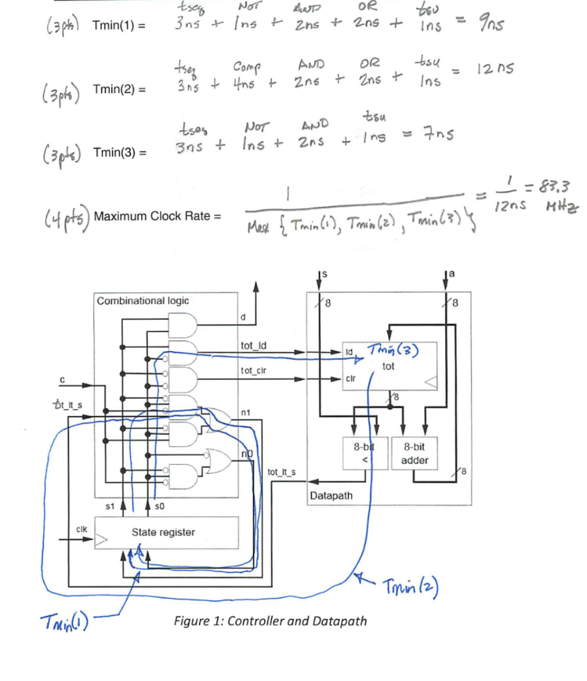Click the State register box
tap(163, 532)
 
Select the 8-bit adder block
tap(415, 454)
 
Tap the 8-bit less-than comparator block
tap(365, 454)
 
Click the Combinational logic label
tap(143, 301)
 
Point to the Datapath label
tap(331, 496)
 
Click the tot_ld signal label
tap(253, 345)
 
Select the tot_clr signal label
tap(253, 371)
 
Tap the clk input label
tap(81, 529)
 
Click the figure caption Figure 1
tap(270, 621)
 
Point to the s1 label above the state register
tap(110, 507)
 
